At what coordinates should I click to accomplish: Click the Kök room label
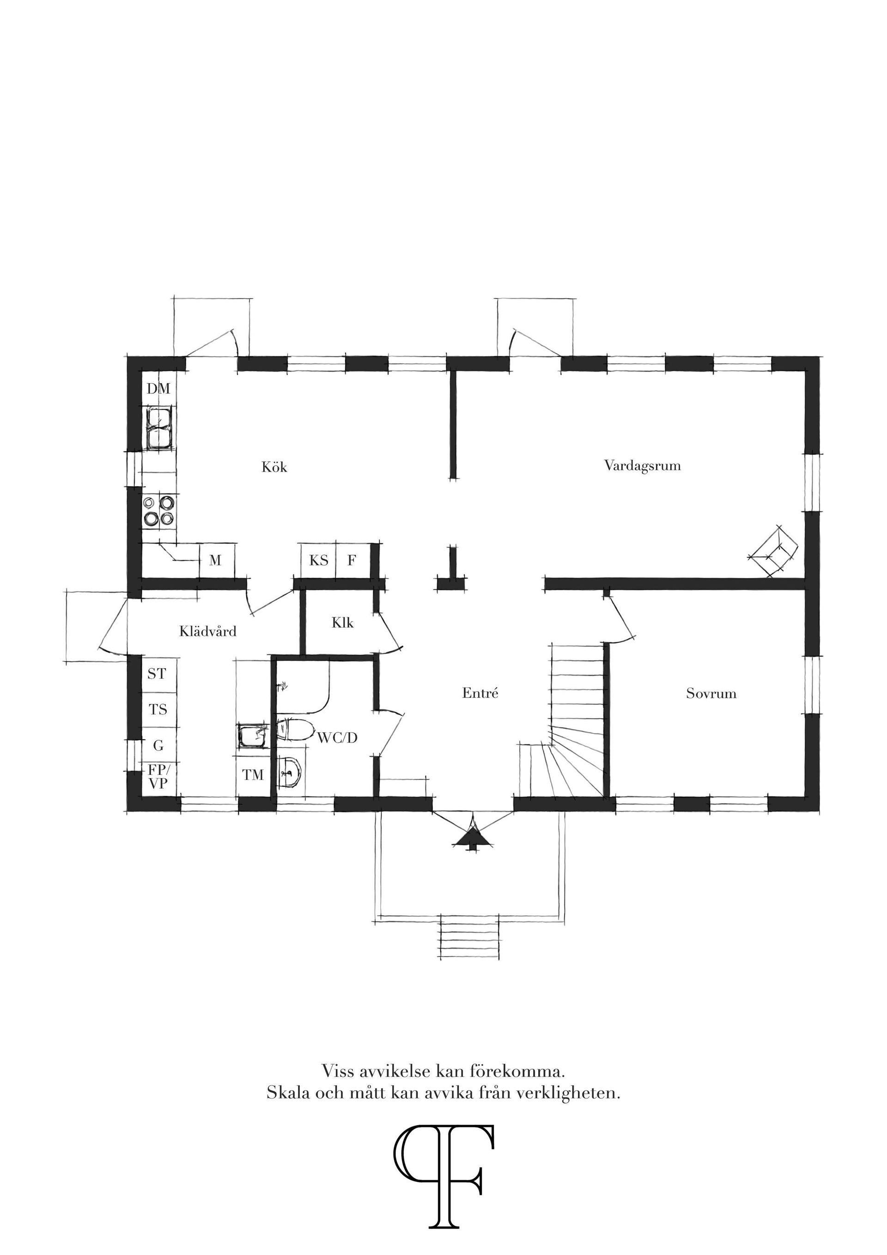pos(274,467)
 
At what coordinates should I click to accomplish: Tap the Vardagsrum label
pos(642,466)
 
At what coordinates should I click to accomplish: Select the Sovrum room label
pos(711,694)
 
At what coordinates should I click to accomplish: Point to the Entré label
pos(480,693)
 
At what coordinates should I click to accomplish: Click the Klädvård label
pos(208,632)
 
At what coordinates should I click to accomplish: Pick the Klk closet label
pos(343,622)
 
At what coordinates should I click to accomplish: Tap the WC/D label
pos(337,738)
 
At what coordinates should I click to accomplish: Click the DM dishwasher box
pos(158,389)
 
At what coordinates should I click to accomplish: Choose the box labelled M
pos(216,560)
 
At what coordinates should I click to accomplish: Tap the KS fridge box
pos(319,560)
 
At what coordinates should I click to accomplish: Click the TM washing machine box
pos(253,774)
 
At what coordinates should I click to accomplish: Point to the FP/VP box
pos(158,777)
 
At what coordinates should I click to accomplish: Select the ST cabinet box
pos(157,674)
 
